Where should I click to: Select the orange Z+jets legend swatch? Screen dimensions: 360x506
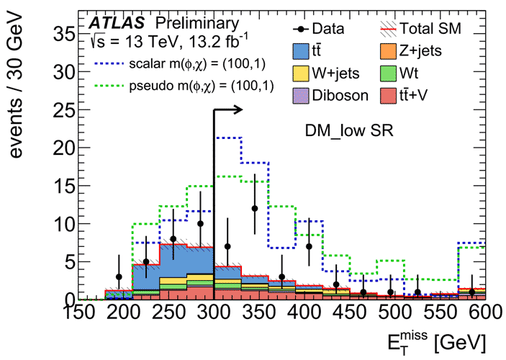coord(389,50)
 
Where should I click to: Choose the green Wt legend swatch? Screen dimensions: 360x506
coord(389,73)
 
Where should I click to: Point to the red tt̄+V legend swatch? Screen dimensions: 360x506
coord(389,95)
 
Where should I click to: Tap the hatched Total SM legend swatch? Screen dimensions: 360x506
coord(389,30)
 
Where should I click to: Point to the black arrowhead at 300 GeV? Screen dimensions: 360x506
coord(240,109)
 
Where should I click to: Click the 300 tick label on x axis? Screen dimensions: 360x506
coord(214,315)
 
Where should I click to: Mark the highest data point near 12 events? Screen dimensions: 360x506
coord(255,208)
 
